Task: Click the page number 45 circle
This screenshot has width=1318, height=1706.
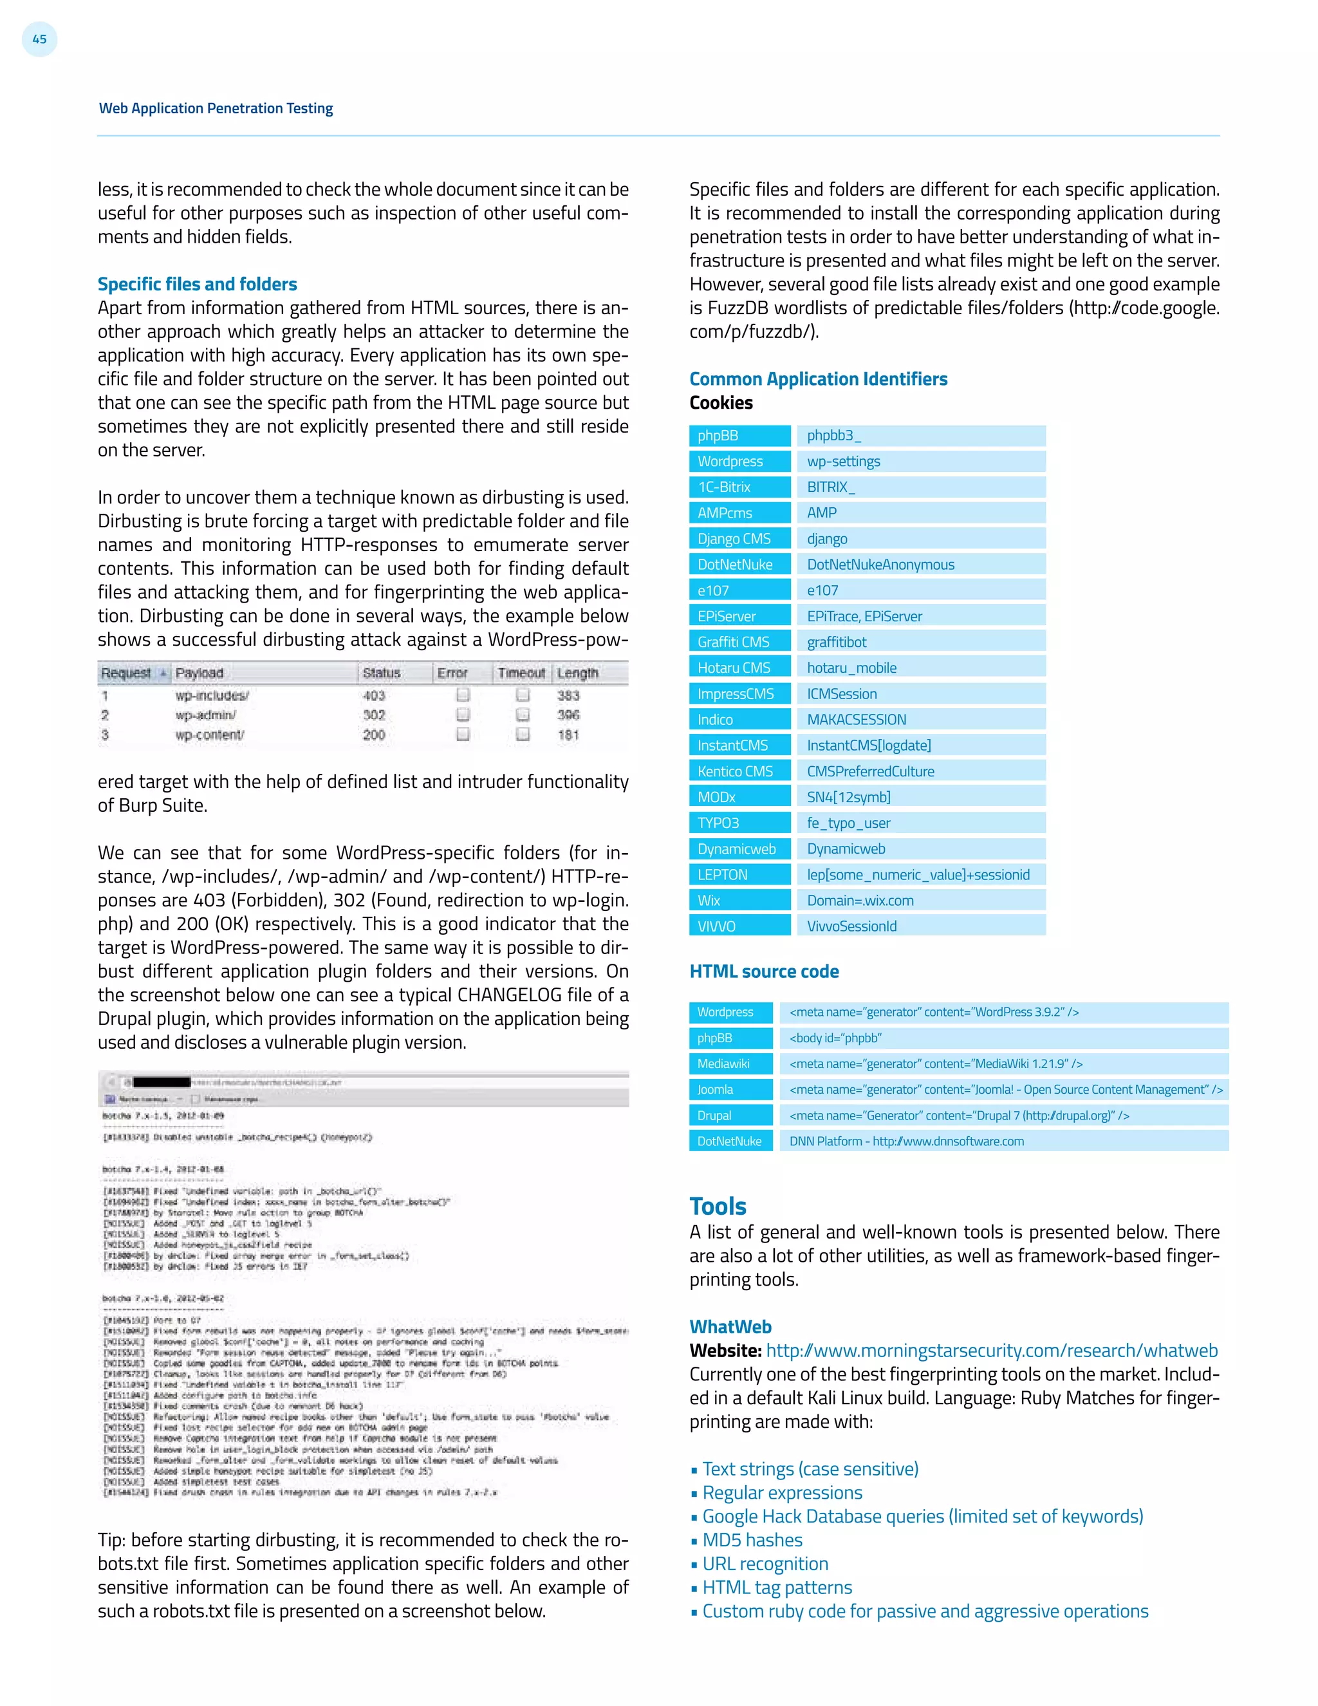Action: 39,39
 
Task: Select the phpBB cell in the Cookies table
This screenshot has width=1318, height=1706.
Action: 739,436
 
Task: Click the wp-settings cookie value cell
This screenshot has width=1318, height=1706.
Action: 920,462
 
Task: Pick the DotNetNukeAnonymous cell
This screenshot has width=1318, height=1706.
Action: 920,565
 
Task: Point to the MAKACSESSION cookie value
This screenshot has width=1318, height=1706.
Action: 920,720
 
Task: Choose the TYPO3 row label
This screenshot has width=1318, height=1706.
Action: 739,823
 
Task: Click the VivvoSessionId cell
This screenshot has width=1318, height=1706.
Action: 920,926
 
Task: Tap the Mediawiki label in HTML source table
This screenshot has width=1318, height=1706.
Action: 729,1064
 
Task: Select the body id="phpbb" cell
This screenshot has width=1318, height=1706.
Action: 1003,1038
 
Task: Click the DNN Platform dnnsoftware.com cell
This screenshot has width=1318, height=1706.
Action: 1003,1141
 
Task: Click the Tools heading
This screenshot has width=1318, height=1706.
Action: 718,1206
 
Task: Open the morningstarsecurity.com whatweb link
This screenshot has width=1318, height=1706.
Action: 991,1351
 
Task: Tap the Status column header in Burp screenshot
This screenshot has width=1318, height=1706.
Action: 381,673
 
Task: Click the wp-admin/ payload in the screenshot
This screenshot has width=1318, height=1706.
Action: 205,715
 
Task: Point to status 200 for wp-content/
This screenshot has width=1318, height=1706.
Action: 373,735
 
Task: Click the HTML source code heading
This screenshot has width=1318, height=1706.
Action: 764,971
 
